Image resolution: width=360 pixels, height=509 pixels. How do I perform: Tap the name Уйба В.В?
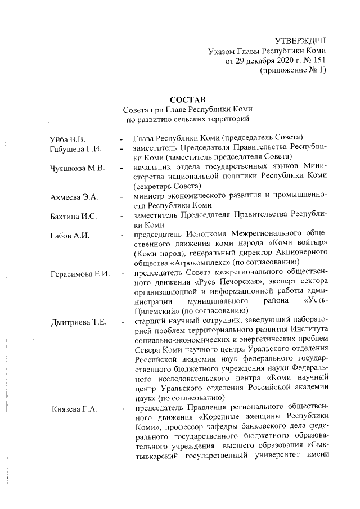[68, 138]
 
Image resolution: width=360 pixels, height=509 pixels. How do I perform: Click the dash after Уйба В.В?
[121, 138]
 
